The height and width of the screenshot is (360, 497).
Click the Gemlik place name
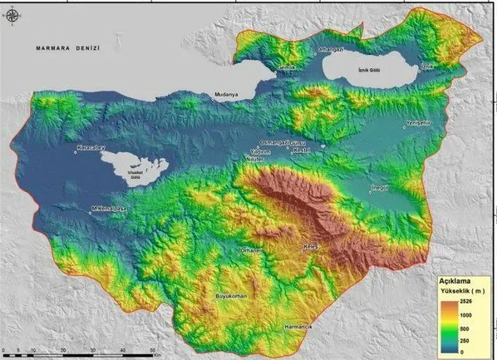(x=287, y=67)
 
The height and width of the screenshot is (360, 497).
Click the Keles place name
(x=312, y=248)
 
